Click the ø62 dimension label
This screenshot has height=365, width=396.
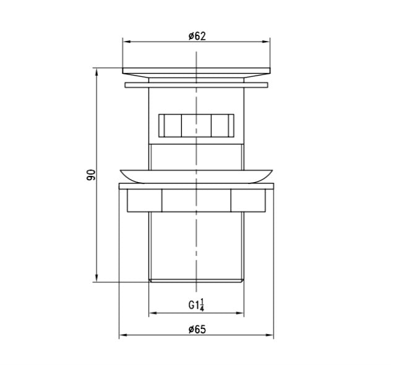(197, 36)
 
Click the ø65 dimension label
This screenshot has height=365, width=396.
(197, 330)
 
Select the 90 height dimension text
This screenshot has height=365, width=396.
(91, 175)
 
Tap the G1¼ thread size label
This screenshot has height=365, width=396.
(196, 305)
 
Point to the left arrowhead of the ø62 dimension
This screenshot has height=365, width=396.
(126, 42)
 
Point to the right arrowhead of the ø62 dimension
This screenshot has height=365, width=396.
(267, 42)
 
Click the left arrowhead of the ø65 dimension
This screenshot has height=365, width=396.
(123, 335)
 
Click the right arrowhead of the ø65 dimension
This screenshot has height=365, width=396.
(270, 335)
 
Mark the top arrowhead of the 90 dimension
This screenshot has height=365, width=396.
(97, 72)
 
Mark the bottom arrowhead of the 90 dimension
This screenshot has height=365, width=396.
(97, 278)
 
